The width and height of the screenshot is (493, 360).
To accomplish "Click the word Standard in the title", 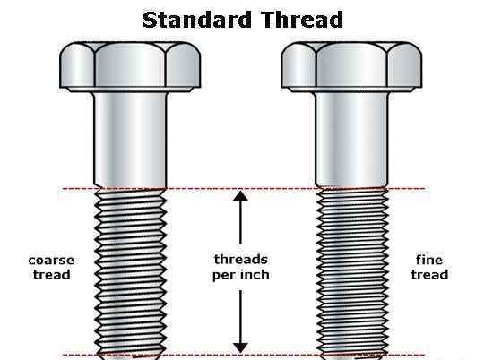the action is click(197, 20).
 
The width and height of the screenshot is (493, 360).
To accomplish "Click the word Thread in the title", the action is click(302, 20).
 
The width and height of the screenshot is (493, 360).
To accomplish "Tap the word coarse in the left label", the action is click(51, 261).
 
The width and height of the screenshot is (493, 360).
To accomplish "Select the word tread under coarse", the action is click(52, 275).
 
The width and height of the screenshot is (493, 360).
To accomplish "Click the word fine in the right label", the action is click(429, 260).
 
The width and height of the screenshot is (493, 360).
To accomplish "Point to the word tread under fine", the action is click(429, 275).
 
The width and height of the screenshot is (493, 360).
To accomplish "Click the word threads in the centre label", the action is click(241, 260).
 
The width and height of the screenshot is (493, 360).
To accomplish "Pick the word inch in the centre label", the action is click(254, 275).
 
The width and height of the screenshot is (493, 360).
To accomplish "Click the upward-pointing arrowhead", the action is click(240, 196).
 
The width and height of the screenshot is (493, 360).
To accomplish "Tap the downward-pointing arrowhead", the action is click(240, 347).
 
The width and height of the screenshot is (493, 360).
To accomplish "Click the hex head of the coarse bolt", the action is click(130, 64).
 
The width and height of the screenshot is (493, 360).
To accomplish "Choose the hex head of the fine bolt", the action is click(351, 64).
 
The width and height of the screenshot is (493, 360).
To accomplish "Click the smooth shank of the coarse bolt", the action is click(130, 140).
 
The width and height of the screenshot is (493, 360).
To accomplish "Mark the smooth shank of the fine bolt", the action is click(352, 140).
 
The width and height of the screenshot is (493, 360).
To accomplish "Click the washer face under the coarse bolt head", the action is click(130, 90).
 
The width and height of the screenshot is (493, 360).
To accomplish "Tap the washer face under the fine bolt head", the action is click(351, 90).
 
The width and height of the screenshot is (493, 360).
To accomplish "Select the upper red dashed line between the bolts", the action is click(241, 189).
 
